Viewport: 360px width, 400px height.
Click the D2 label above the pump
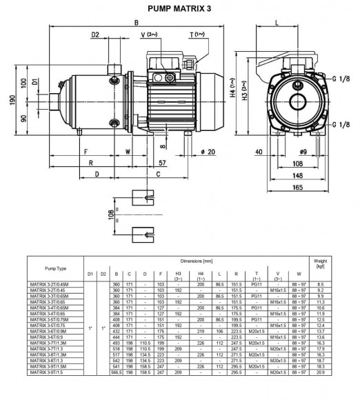coord(95,34)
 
